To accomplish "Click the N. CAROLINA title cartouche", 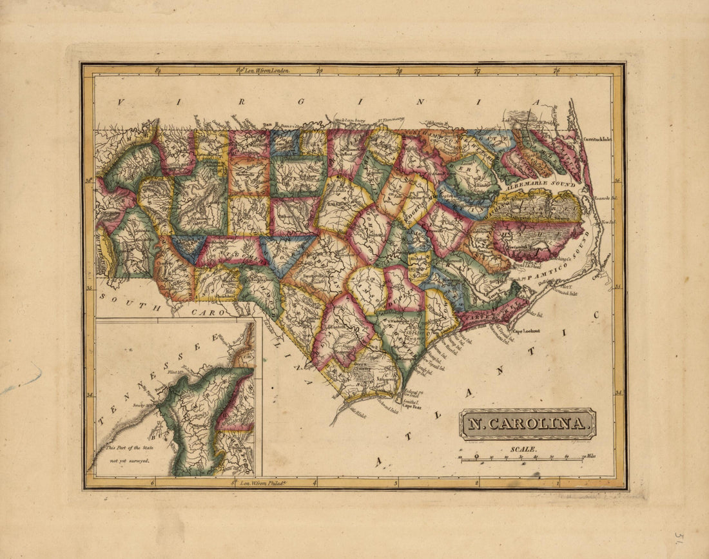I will click(527, 424).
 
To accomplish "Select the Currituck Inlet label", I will click(596, 139).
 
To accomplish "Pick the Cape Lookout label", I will click(525, 331).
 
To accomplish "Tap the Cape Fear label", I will click(411, 407).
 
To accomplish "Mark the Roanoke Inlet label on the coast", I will click(605, 198).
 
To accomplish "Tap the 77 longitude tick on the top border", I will click(477, 70).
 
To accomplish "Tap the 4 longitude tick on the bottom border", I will click(315, 482).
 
